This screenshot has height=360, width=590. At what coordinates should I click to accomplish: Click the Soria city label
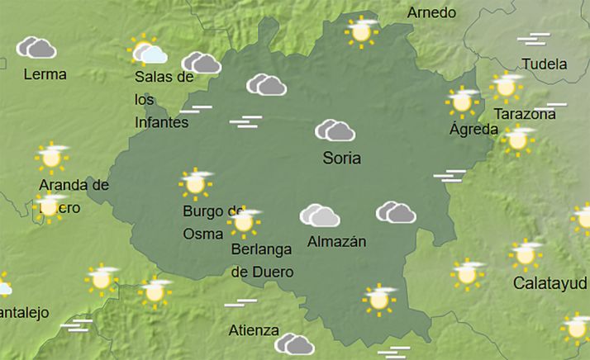click(x=343, y=157)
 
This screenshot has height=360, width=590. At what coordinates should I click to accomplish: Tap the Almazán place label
click(x=336, y=242)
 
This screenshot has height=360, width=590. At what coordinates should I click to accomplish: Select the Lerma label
click(x=45, y=73)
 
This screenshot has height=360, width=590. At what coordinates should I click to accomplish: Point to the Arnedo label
click(x=431, y=13)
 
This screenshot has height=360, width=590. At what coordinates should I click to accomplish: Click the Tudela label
click(x=545, y=64)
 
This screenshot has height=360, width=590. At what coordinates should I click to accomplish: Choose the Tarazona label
click(x=524, y=114)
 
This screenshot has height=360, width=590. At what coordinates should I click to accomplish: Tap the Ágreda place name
click(x=473, y=130)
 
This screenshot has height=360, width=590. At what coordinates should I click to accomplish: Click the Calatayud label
click(x=550, y=283)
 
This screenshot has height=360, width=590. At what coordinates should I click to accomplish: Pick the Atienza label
click(x=253, y=330)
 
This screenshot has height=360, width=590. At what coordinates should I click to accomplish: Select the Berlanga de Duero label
click(x=262, y=259)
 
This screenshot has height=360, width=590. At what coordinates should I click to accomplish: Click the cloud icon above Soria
click(x=335, y=130)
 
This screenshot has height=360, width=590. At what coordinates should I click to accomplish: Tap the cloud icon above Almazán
click(x=320, y=216)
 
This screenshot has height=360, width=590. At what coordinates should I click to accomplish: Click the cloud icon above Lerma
click(x=36, y=47)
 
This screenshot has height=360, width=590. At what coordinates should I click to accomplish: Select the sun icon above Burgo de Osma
click(x=195, y=183)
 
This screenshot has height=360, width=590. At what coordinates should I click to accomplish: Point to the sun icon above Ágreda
click(x=462, y=101)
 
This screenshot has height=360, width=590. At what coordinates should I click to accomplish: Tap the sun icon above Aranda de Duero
click(x=51, y=155)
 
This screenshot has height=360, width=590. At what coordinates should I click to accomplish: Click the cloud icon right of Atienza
click(x=294, y=343)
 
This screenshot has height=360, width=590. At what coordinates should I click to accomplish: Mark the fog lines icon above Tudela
click(x=534, y=39)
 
